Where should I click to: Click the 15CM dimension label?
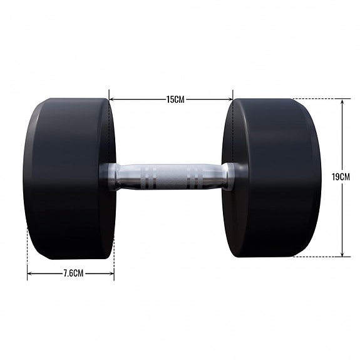click(x=171, y=98)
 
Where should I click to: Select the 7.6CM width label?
click(x=71, y=274)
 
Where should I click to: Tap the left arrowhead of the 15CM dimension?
click(x=111, y=98)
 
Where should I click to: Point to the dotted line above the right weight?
click(x=316, y=98)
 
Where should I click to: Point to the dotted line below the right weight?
click(x=316, y=257)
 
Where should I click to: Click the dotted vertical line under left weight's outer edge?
click(x=28, y=250)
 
